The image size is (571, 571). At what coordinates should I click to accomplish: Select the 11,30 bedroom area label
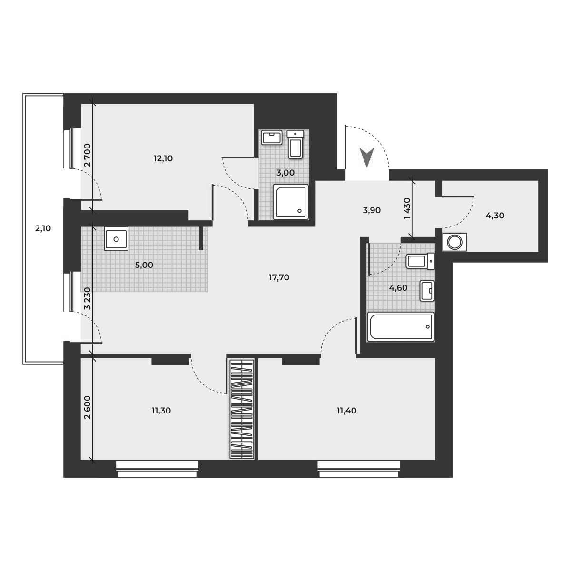pos(161,411)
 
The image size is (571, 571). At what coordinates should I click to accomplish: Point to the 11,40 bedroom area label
pos(346,411)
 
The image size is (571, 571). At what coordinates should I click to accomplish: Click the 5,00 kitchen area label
pos(144,265)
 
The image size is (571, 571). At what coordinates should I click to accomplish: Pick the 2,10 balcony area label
pos(43,228)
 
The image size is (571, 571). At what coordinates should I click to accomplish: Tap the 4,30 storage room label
pos(495,215)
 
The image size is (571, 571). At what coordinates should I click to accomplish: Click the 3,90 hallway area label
pos(372,210)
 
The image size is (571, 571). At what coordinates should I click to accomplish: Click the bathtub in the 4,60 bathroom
pos(401,327)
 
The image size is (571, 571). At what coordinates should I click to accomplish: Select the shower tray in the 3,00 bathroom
pos(290,202)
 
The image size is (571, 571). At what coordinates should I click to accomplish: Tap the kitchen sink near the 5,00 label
pos(116,238)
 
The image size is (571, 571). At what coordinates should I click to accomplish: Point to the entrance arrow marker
pos(366,157)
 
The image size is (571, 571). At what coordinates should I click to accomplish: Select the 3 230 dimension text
pos(87,298)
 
